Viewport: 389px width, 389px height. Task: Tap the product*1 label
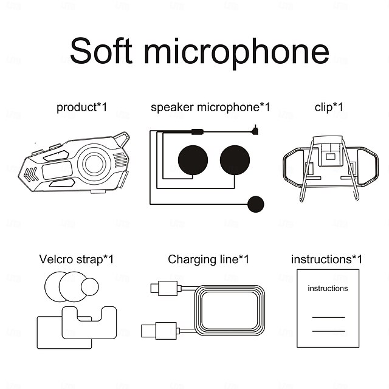point(81,108)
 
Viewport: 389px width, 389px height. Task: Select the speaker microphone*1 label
point(210,108)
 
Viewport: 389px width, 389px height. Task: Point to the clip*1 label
point(329,108)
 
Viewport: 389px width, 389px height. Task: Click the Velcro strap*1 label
point(76,260)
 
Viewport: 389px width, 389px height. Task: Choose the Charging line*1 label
point(208,260)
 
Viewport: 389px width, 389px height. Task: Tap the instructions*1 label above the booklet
point(326,260)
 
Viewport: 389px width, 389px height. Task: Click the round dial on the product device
point(94,163)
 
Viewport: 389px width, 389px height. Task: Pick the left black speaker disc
point(193,160)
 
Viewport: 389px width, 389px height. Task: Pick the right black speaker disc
point(235,160)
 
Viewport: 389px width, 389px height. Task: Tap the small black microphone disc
point(256,203)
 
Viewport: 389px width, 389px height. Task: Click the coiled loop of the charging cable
point(229,309)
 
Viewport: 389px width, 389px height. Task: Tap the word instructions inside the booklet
point(328,288)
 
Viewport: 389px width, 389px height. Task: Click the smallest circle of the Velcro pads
point(91,286)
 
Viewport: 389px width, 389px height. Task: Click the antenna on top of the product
point(122,139)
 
